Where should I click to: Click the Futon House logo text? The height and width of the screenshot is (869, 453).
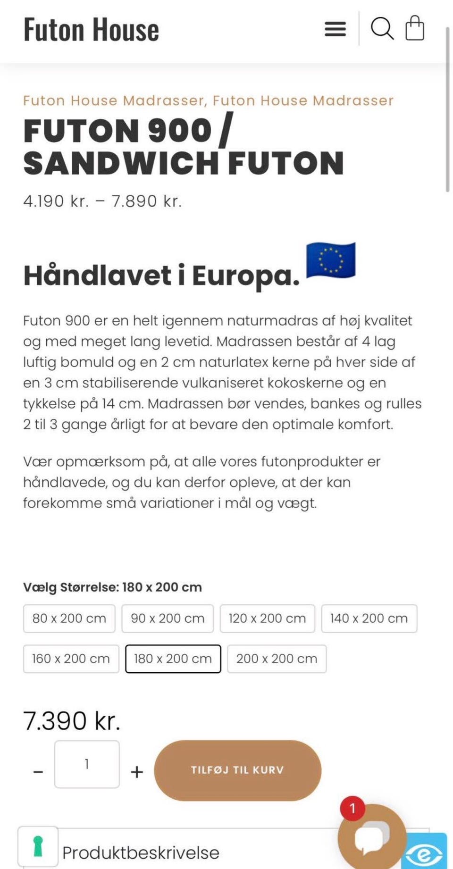91,30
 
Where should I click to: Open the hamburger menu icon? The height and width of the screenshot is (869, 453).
335,29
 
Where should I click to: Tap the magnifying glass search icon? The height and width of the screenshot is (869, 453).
382,29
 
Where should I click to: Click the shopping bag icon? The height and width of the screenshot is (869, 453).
415,28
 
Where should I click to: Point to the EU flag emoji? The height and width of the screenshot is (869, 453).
331,260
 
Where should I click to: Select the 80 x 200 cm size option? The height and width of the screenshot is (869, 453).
69,618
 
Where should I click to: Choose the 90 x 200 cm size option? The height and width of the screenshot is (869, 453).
168,618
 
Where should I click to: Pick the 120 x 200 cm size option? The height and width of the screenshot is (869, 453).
267,618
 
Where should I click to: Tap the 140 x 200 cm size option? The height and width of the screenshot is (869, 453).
369,618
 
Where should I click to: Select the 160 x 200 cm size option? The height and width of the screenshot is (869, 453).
71,659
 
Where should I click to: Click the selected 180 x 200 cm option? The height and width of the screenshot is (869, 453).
173,659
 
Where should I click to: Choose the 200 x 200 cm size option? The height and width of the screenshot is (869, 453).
277,659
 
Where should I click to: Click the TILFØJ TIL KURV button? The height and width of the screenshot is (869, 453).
237,770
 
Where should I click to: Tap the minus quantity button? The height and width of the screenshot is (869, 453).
38,772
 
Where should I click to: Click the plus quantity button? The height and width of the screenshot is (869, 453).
137,772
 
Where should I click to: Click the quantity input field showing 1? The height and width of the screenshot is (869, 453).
87,764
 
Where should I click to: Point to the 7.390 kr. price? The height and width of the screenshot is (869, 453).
72,720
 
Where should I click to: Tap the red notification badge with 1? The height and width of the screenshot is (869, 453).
352,809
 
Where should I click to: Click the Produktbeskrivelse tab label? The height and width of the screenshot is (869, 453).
141,853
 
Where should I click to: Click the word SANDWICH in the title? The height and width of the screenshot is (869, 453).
121,163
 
